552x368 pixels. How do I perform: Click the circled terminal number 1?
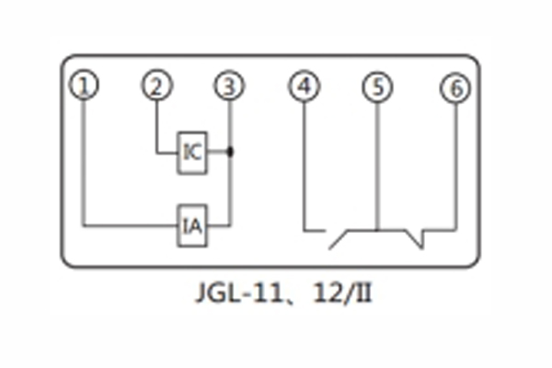point(85,86)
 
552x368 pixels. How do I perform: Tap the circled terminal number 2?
point(156,86)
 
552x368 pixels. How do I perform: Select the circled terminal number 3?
point(228,86)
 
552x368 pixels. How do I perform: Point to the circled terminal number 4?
point(304,87)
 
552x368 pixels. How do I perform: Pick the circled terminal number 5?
point(376,87)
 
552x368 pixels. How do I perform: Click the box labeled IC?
point(193,150)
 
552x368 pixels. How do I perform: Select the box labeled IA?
point(193,224)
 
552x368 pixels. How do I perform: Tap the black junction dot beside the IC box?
point(229,150)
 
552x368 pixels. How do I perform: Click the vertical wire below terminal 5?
point(376,166)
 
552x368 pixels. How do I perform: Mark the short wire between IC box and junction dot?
point(219,150)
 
